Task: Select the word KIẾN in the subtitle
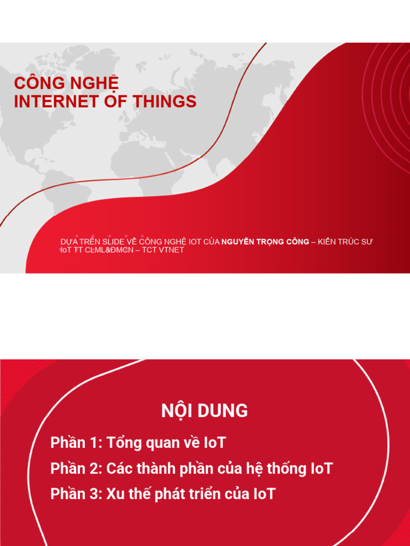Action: point(329,242)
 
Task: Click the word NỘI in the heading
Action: point(176,411)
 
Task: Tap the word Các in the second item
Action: point(121,469)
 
